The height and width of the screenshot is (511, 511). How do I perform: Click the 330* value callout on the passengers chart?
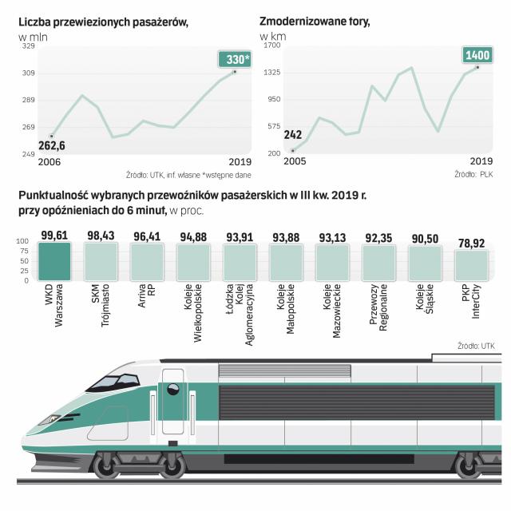tap(236, 61)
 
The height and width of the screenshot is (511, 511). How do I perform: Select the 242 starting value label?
tap(292, 135)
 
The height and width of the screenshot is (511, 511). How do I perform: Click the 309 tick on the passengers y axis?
tap(28, 73)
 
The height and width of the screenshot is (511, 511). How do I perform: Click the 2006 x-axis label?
tap(50, 162)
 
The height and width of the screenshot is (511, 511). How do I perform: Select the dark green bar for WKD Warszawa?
tap(55, 260)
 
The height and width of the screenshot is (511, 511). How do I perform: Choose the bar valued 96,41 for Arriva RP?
tap(147, 260)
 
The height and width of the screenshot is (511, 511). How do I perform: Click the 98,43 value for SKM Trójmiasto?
tap(101, 236)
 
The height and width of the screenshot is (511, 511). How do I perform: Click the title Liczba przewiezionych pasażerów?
tap(103, 22)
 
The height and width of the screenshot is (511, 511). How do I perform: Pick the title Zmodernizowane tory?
tap(314, 22)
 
